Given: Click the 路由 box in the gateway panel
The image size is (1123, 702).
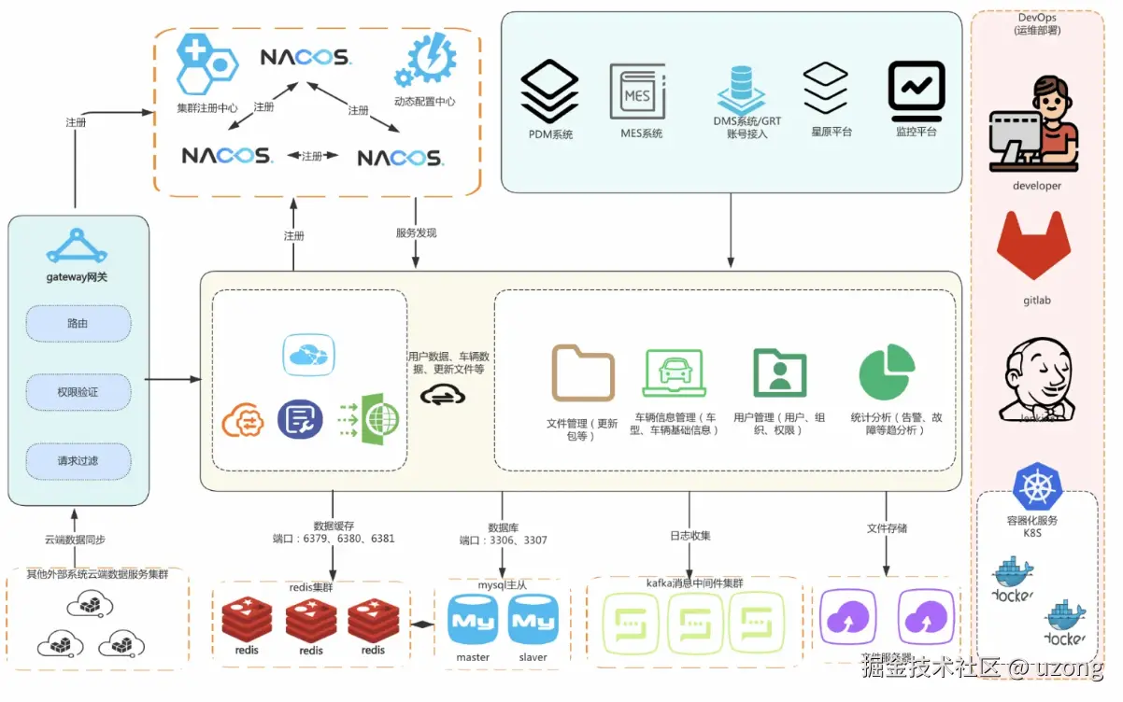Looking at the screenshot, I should (x=78, y=324).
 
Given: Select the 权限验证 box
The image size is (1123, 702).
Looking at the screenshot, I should (x=78, y=392).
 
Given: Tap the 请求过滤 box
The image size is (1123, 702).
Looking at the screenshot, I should (x=78, y=460).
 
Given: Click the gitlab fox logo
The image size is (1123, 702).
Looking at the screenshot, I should (x=1037, y=246).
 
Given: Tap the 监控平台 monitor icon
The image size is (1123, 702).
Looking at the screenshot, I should (x=916, y=89).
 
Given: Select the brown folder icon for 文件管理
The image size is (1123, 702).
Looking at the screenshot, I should (x=583, y=372).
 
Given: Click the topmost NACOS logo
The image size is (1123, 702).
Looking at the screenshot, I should (x=305, y=58).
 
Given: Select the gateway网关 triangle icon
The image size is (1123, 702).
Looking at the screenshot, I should (x=78, y=244).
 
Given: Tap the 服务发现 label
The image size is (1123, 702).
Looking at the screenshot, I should (x=416, y=232).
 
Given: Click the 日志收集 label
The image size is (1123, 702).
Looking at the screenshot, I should (x=689, y=536).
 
